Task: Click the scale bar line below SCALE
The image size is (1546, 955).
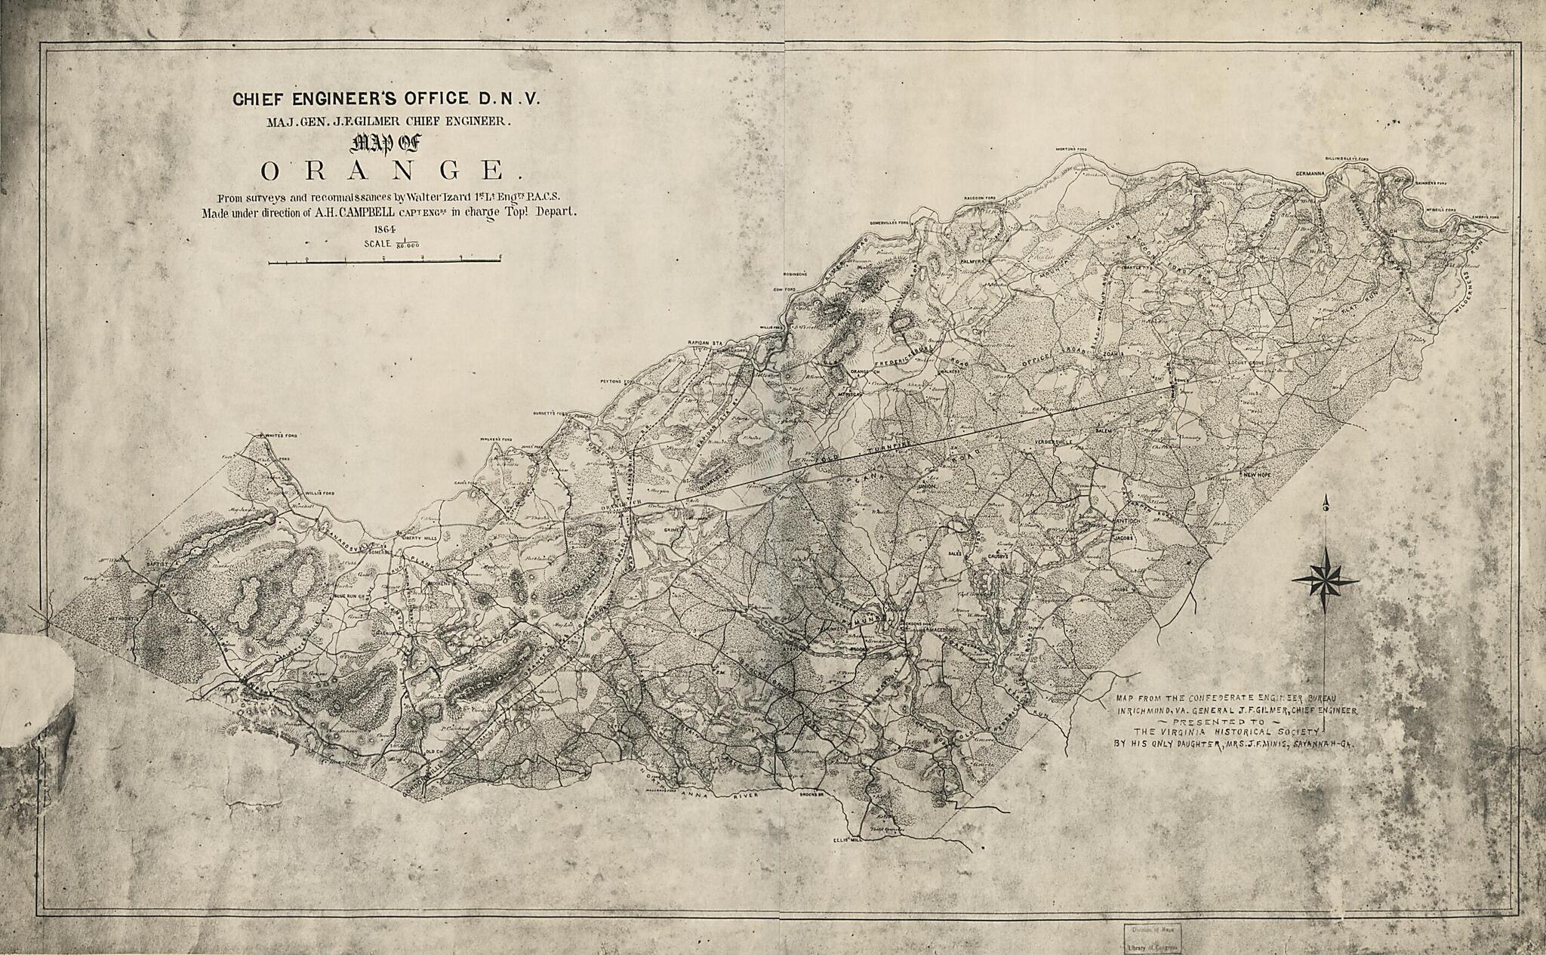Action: click(385, 262)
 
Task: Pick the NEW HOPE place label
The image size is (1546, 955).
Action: click(1258, 475)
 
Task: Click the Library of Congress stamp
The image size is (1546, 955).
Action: click(1151, 938)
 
